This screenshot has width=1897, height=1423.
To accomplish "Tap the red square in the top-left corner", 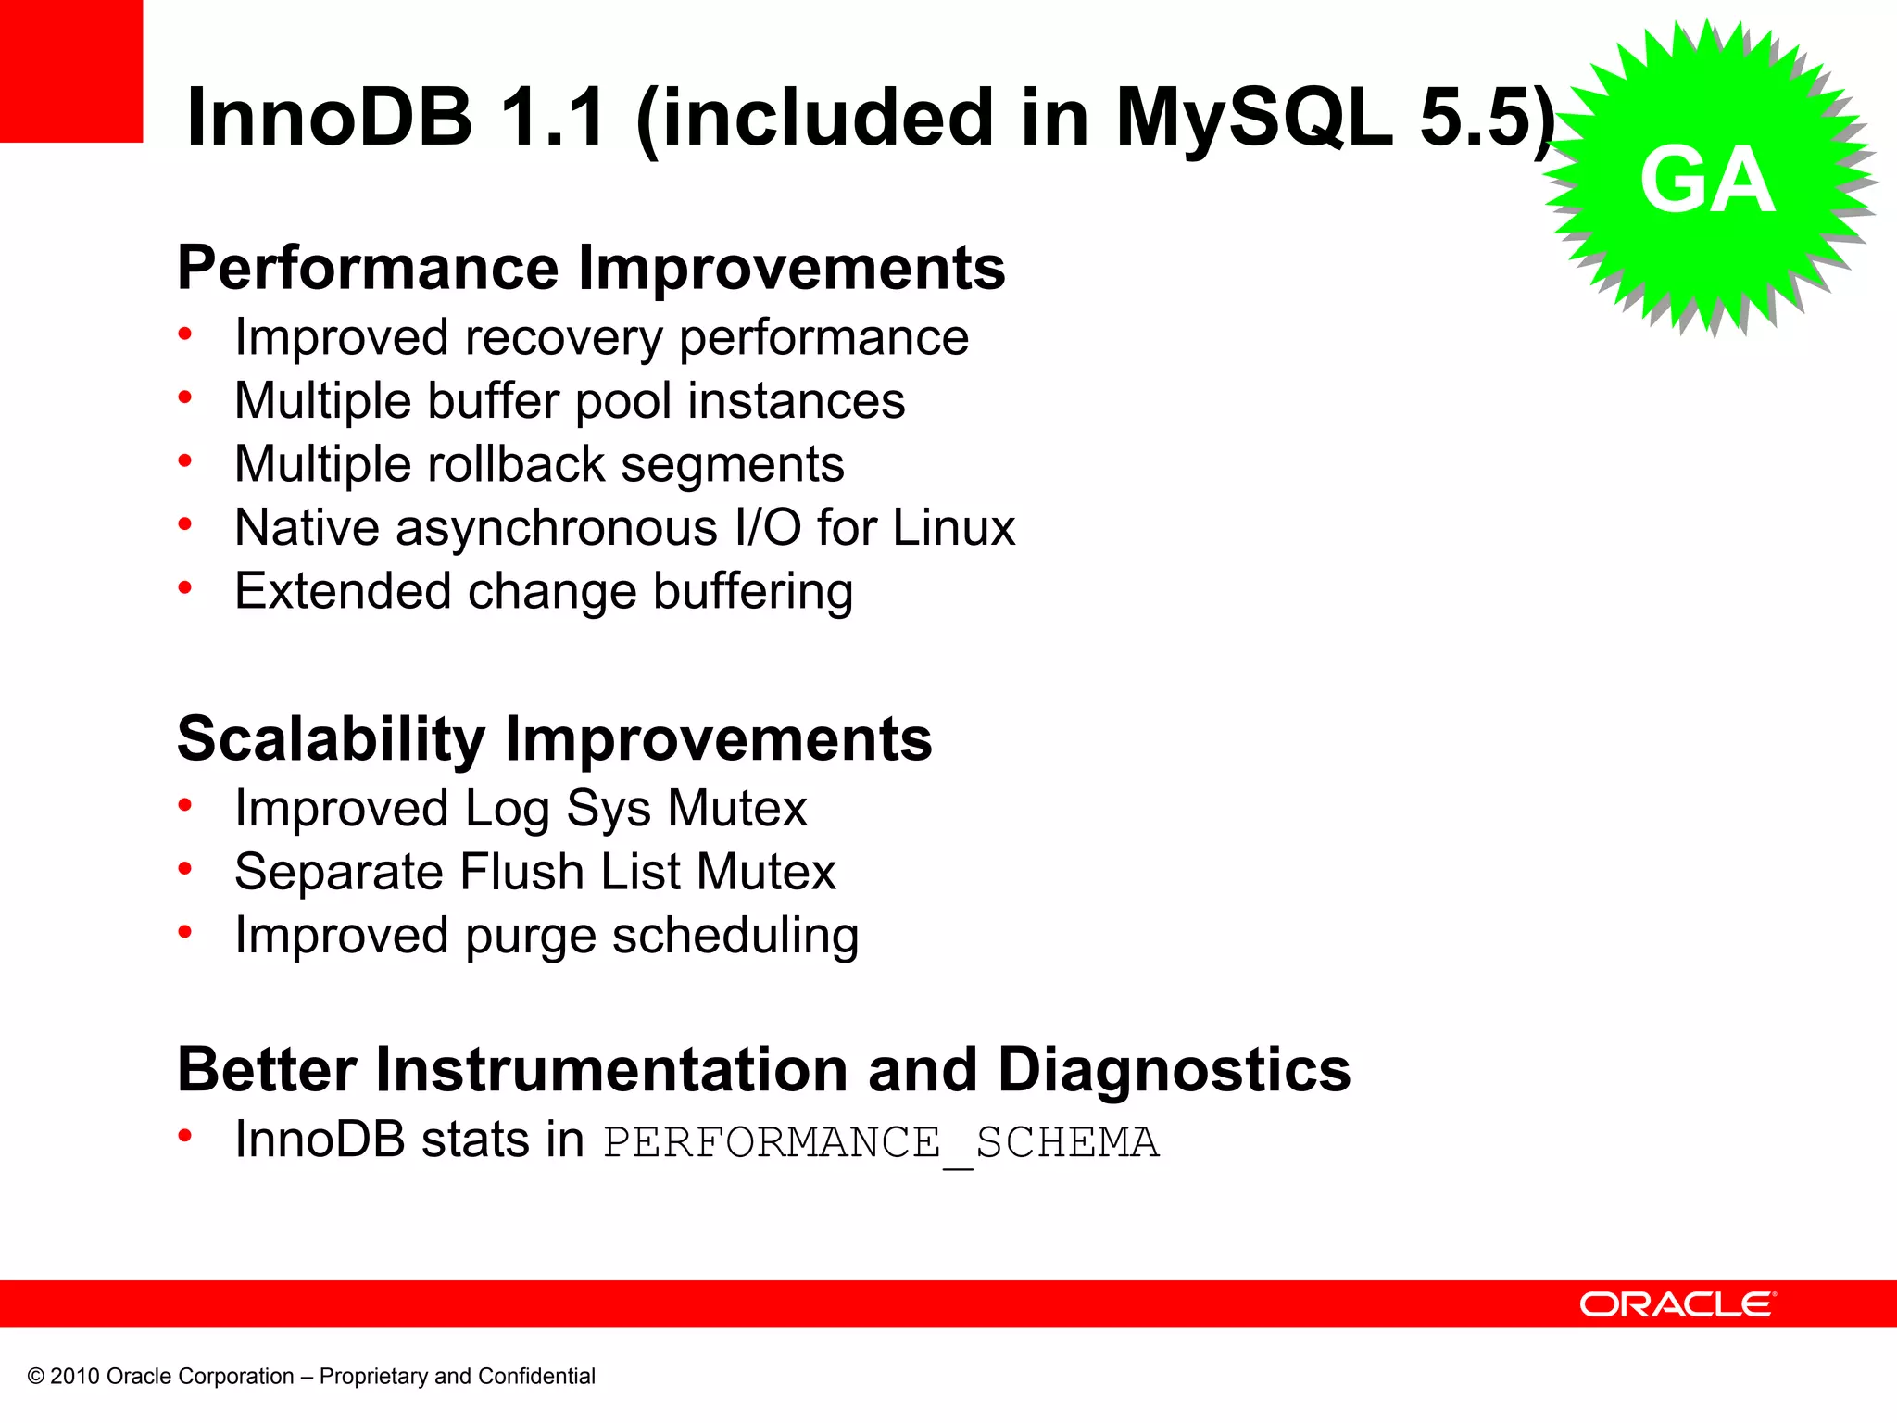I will click(x=70, y=70).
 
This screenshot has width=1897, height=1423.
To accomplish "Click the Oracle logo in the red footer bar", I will click(x=1677, y=1304).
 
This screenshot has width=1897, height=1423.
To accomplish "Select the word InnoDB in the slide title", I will click(x=330, y=118).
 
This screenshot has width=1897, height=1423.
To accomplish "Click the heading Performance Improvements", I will click(x=591, y=269).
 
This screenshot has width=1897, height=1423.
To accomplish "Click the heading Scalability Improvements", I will click(x=554, y=740).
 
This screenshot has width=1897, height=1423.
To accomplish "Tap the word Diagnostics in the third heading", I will click(x=1174, y=1070).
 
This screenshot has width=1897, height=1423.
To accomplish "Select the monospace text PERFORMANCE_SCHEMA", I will click(x=881, y=1142).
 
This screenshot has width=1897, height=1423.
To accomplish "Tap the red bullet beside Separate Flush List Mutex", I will click(x=185, y=868).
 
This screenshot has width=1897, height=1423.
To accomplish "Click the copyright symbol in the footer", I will click(x=36, y=1377).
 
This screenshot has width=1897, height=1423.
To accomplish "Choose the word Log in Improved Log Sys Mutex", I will click(x=507, y=810).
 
